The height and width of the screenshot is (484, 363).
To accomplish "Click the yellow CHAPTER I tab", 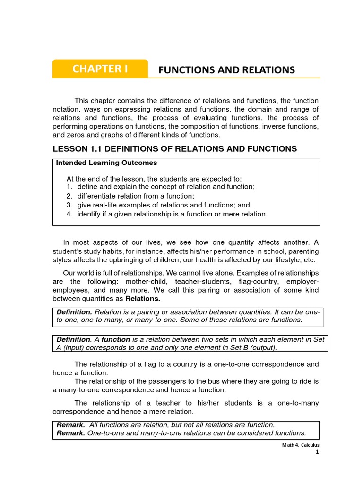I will click(100, 69).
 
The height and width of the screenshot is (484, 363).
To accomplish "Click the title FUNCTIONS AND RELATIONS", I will click(226, 70).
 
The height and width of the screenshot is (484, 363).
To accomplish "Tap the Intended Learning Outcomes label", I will click(106, 163).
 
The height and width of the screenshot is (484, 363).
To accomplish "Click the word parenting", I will click(303, 251).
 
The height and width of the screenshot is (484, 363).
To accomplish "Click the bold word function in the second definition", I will click(116, 339).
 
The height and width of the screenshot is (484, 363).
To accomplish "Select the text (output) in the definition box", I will click(261, 348).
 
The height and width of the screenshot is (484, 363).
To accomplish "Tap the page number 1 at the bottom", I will click(318, 452).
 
